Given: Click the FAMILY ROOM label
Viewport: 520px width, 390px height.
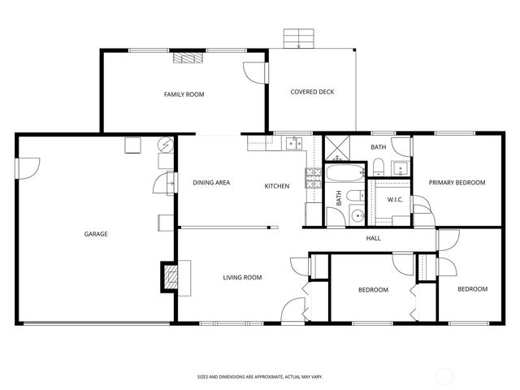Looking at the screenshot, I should (x=184, y=94).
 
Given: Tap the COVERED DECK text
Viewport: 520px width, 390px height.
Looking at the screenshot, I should (x=312, y=92).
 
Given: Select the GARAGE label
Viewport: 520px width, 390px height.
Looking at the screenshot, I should (x=96, y=234).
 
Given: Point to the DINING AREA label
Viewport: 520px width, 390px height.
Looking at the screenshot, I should (x=211, y=183).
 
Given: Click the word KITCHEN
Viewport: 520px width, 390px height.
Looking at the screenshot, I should (x=277, y=186).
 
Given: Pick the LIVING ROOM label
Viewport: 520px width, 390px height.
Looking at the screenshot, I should (x=242, y=278).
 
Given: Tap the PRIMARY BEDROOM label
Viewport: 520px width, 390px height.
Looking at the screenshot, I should (x=457, y=183).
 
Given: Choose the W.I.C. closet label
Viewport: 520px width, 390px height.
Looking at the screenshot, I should (x=396, y=199).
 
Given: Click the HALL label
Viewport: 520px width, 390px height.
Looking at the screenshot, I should (x=373, y=238).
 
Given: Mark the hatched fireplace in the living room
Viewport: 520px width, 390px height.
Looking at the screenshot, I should (x=170, y=276).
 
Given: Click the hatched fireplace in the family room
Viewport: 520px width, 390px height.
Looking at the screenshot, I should (x=188, y=58).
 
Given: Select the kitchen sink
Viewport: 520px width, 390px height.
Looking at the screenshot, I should (x=292, y=145).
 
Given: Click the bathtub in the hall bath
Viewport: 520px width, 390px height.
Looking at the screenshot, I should (x=346, y=173).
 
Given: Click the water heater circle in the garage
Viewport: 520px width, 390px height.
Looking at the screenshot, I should (x=166, y=145).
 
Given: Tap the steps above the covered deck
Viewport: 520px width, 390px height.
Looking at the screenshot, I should (x=298, y=39).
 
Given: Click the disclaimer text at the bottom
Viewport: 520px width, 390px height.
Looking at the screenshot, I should (x=259, y=377).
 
